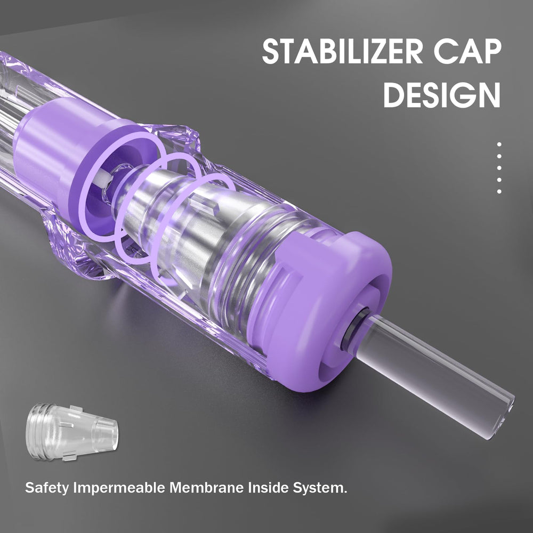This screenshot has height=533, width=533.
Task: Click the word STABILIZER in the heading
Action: [x=342, y=51]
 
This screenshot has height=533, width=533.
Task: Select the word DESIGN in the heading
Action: [x=442, y=95]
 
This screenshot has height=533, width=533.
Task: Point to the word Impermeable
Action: [x=120, y=488]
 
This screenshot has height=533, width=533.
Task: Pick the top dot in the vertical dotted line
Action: [x=499, y=144]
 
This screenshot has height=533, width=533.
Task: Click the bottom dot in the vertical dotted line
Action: [x=499, y=191]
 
